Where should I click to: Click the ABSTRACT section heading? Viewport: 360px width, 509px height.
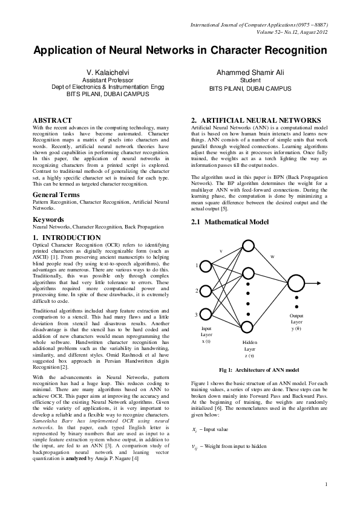[52, 121]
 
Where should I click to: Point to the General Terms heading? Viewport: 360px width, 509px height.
[56, 195]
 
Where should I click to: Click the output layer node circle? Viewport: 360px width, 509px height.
[296, 283]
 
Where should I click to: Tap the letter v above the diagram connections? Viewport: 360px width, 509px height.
[221, 250]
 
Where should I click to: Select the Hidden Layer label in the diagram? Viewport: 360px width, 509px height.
[249, 345]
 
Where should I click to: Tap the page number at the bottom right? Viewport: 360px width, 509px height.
[326, 484]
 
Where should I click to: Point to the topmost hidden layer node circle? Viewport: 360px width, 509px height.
[249, 249]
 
